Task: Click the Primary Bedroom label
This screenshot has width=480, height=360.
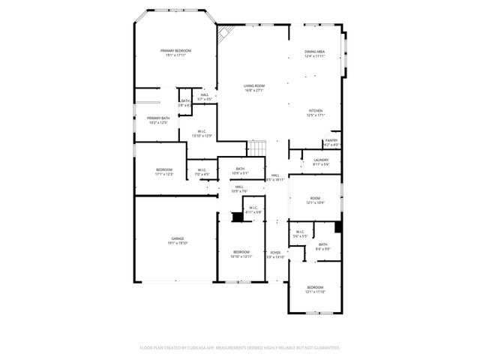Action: click(x=176, y=50)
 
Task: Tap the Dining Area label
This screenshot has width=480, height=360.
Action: click(x=315, y=52)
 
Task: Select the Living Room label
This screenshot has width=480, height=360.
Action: click(x=253, y=86)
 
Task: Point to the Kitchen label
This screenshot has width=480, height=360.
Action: click(x=316, y=111)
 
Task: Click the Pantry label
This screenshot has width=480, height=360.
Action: click(x=331, y=140)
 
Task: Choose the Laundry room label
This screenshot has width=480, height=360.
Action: click(x=321, y=160)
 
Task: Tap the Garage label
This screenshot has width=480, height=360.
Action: click(x=177, y=238)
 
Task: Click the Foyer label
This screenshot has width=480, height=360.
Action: click(x=276, y=253)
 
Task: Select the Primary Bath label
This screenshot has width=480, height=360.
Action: click(x=158, y=118)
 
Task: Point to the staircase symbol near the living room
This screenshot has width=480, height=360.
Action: click(x=257, y=148)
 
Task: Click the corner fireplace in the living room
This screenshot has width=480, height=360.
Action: click(x=225, y=33)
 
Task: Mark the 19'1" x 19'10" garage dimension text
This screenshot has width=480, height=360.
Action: click(x=177, y=243)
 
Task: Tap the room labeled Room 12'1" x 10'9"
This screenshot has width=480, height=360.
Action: click(x=315, y=200)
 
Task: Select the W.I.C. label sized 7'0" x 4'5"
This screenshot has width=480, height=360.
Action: click(x=202, y=172)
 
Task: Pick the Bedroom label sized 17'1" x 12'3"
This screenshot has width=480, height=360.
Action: click(x=164, y=172)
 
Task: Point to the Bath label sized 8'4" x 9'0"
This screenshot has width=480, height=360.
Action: click(x=322, y=246)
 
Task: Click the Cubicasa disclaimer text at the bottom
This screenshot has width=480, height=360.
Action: click(x=240, y=348)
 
